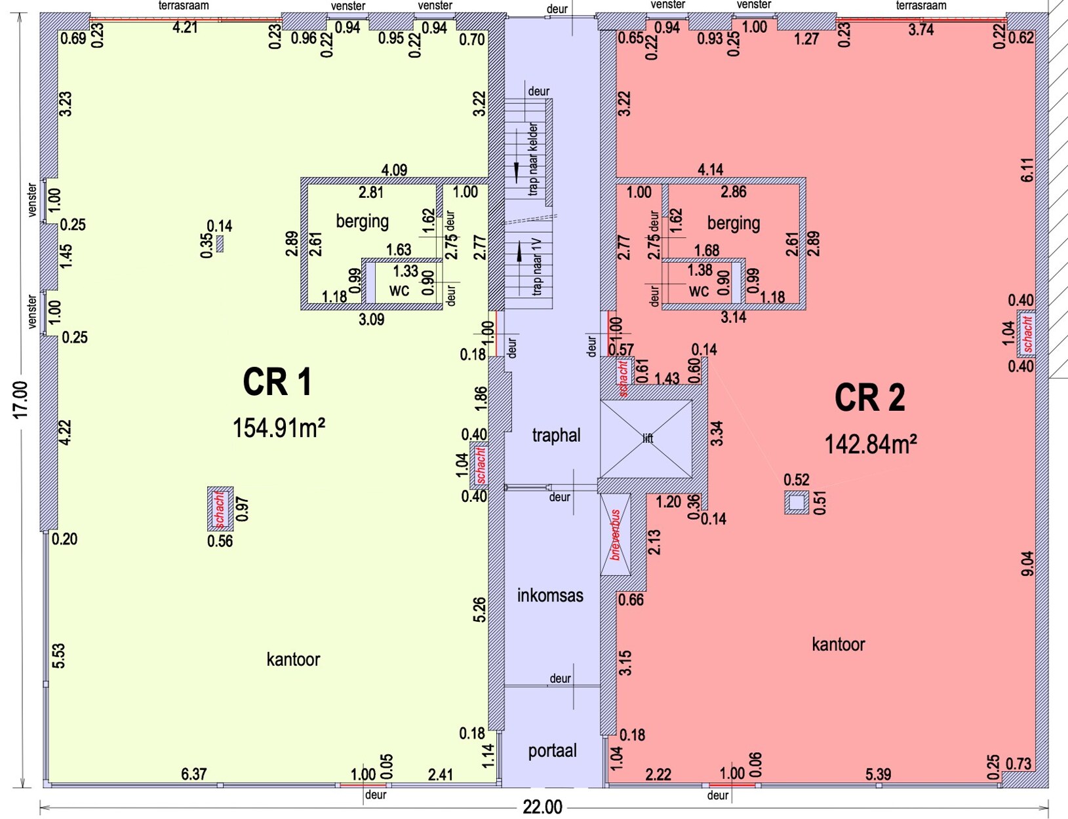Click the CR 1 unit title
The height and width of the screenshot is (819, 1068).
coord(277,382)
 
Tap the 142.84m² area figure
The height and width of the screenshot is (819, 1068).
coord(870,444)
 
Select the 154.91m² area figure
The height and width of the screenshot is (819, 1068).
coord(279,428)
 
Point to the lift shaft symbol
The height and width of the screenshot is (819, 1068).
coord(646,438)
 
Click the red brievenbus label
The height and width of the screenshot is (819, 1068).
coord(616,535)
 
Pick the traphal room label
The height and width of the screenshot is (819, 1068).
coord(556,435)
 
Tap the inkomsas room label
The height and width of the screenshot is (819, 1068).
coord(550,595)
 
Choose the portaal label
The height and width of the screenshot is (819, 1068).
coord(552,750)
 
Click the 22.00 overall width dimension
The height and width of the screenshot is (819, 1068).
coord(542,807)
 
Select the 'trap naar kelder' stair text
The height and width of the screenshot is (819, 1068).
coord(533,159)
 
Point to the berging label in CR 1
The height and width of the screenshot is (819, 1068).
coord(362,221)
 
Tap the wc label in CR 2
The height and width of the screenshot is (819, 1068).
coord(699,290)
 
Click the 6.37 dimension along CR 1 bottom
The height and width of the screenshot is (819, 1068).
coord(193,774)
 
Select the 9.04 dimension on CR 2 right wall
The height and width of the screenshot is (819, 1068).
coord(1027,563)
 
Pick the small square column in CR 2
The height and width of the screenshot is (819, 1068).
coord(797,503)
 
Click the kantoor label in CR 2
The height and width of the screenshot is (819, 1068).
coord(838,644)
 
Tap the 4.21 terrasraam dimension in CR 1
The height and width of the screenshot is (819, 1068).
coord(185,28)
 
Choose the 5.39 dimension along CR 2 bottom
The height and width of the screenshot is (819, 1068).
coord(878,774)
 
